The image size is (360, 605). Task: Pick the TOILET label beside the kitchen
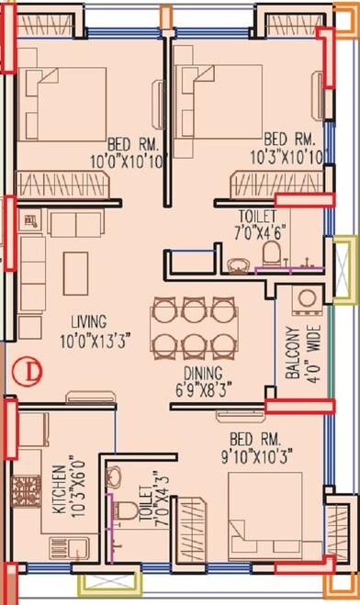[x=143, y=501]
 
